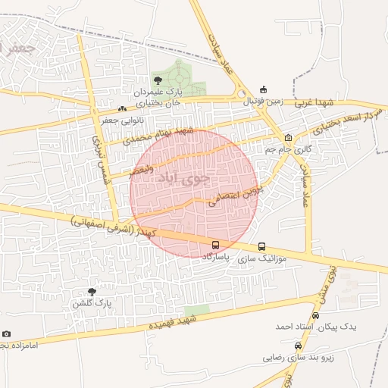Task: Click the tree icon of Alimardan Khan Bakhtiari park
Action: click(158, 80)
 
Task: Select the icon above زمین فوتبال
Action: click(263, 89)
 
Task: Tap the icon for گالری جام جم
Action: click(288, 138)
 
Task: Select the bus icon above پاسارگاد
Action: click(217, 246)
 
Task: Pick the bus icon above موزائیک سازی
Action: click(262, 246)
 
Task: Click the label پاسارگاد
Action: click(217, 258)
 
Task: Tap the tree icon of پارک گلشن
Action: click(92, 292)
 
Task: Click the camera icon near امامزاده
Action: click(7, 334)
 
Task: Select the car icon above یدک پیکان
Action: click(315, 315)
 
